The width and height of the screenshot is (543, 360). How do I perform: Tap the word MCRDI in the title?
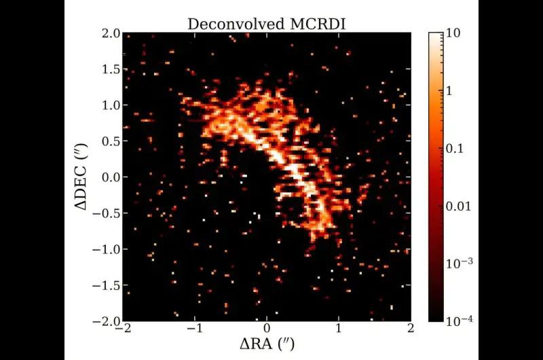click(322, 24)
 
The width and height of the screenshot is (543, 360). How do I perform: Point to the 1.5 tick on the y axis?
click(108, 69)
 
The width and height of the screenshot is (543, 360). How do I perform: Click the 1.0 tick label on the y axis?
click(108, 105)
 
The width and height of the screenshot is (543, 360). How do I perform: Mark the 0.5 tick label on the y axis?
click(108, 141)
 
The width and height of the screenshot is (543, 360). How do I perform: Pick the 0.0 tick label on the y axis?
click(108, 177)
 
